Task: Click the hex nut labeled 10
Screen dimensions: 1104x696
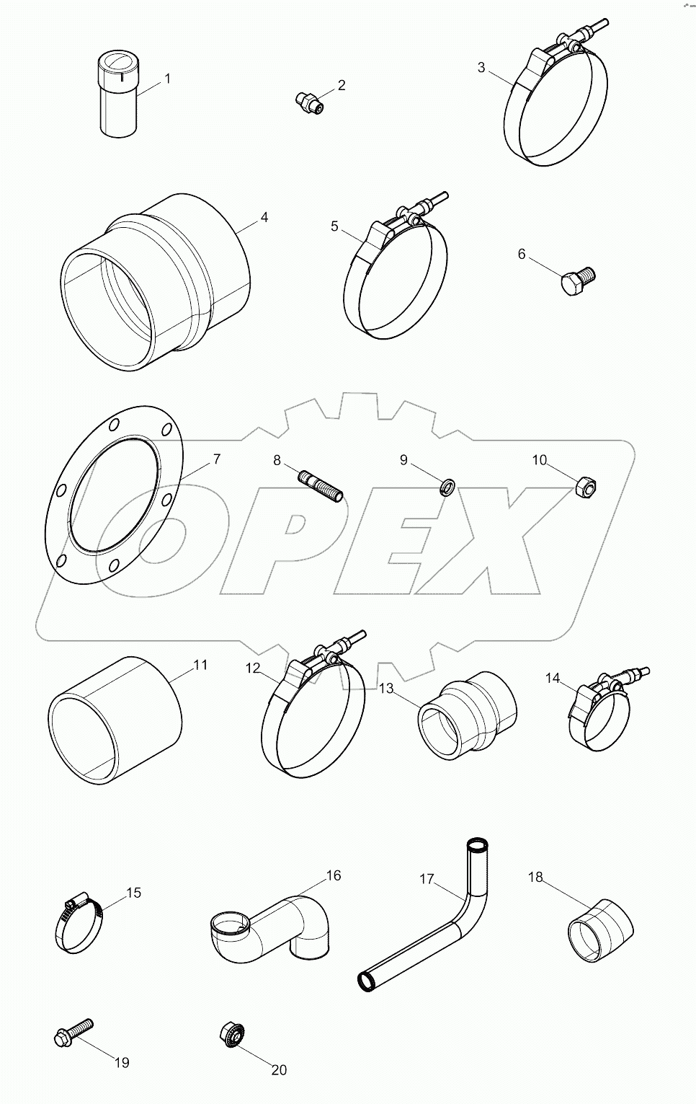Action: coord(587,488)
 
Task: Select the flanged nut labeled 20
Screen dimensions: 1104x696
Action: coord(231,1036)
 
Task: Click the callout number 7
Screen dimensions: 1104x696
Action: coord(216,459)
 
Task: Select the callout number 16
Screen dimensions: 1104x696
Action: coord(333,875)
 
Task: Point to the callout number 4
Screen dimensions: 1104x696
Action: coord(264,216)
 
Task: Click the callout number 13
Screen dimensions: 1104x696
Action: coord(386,688)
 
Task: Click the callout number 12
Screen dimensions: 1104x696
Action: coord(252,668)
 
